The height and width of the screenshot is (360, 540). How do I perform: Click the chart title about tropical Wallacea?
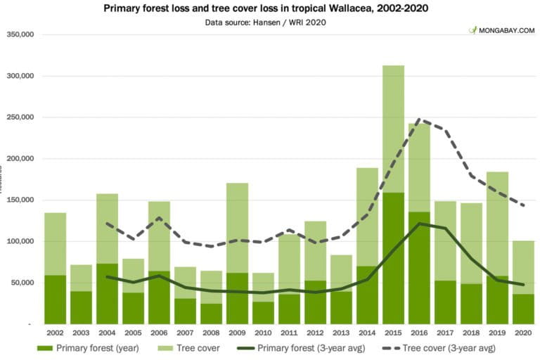point(269,8)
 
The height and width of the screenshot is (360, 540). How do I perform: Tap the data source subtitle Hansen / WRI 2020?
point(269,22)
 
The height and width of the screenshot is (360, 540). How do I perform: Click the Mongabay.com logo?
point(501,31)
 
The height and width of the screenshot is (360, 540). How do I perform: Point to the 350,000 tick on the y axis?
point(22,34)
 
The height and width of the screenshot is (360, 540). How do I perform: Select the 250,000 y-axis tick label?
point(22,117)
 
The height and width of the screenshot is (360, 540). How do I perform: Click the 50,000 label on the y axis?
point(24,283)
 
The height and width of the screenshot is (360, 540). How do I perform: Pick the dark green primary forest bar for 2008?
point(211,314)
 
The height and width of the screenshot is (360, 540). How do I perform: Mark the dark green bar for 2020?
point(523,309)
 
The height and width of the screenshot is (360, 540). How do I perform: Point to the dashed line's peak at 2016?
point(419,120)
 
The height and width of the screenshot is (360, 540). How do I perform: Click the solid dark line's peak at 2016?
point(419,224)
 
